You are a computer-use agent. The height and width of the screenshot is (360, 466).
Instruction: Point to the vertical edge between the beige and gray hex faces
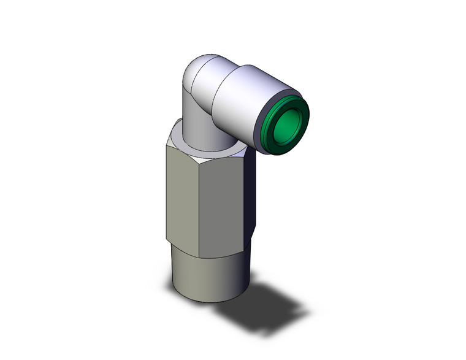[203, 202]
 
